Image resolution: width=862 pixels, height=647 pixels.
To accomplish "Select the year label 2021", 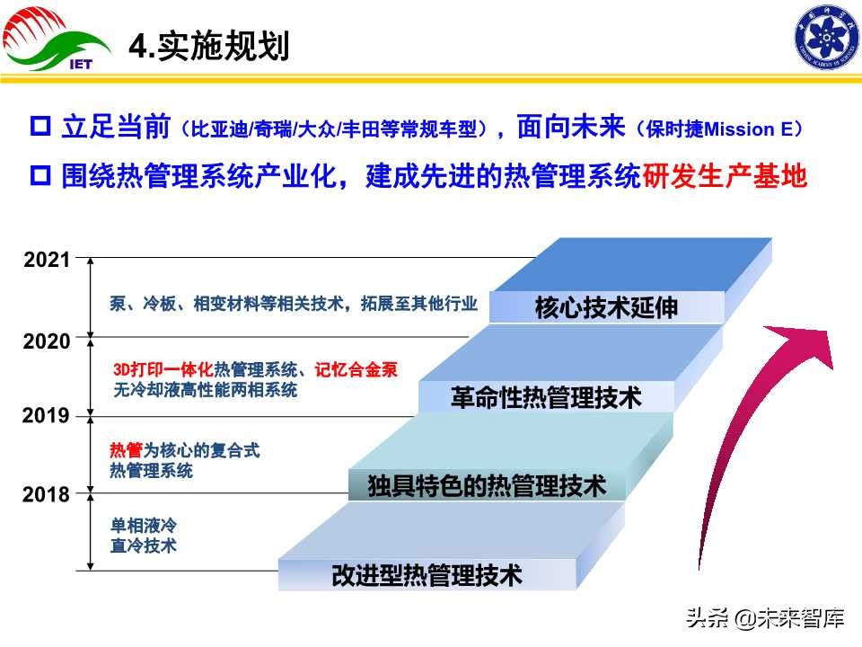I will [47, 261].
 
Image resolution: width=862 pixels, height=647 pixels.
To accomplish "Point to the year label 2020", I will [47, 341].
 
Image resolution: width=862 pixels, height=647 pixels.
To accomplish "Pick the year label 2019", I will [47, 416].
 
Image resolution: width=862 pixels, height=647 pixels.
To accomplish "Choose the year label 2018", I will [47, 494].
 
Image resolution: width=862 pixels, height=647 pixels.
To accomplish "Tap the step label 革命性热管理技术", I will [546, 397].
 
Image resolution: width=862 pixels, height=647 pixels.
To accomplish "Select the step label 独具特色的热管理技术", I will [486, 487].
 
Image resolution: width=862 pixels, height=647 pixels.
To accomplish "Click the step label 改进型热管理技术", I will [427, 574].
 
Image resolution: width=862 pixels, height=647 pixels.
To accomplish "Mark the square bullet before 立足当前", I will [40, 127].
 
